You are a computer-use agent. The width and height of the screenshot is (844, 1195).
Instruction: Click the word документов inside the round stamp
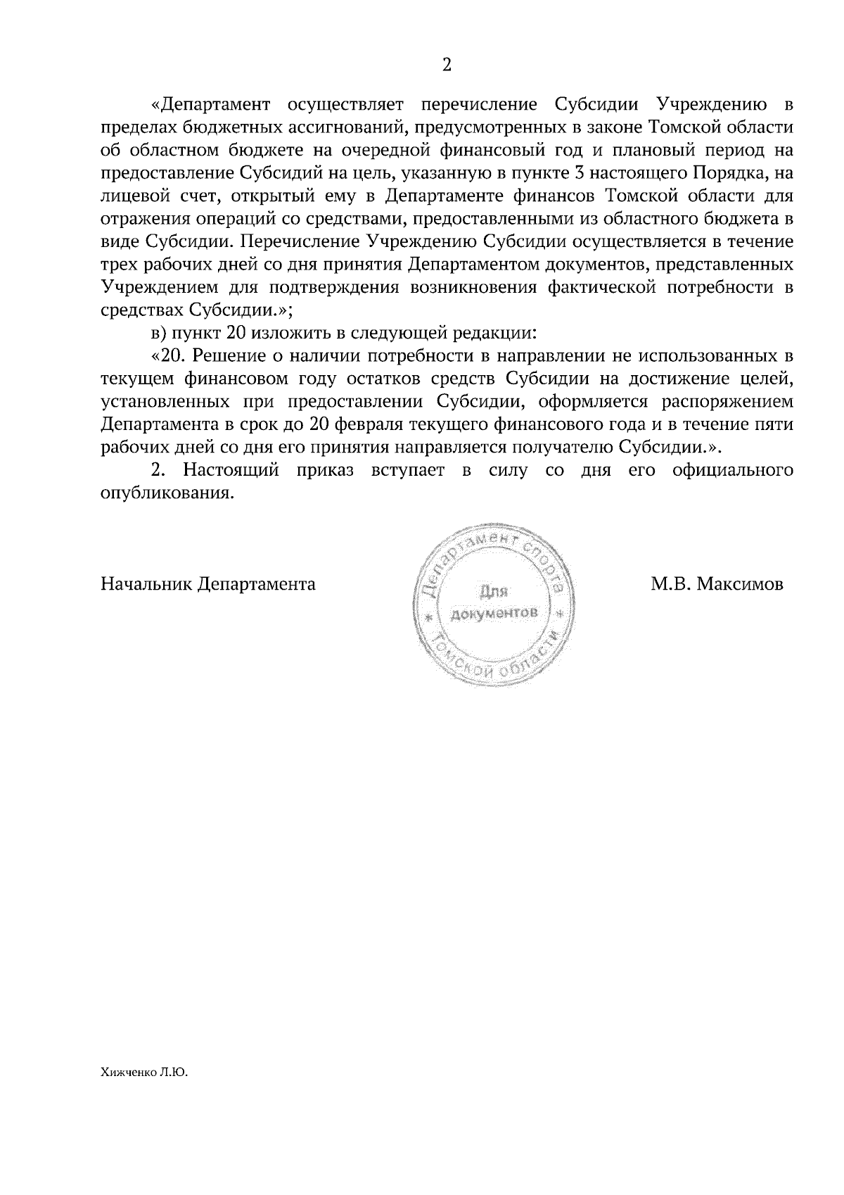(494, 613)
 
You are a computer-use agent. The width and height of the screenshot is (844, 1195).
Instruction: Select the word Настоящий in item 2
(231, 470)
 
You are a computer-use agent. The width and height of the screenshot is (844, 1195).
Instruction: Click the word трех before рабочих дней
(119, 265)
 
